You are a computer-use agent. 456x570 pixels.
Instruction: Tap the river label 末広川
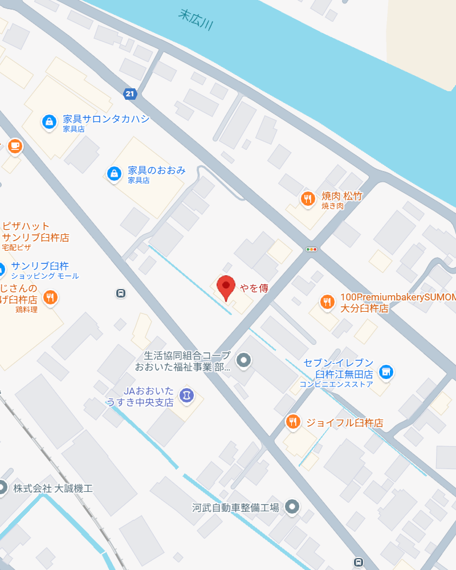[x=196, y=21]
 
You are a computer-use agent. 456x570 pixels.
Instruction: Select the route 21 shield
[x=131, y=93]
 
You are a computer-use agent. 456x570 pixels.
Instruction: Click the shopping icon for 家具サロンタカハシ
[x=49, y=121]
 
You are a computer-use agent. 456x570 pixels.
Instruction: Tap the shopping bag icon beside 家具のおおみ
[x=114, y=173]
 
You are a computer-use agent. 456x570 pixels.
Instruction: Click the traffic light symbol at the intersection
[x=311, y=249]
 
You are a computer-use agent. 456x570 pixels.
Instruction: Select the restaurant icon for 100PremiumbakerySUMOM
[x=327, y=302]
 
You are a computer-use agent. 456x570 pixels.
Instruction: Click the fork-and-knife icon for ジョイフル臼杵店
[x=292, y=422]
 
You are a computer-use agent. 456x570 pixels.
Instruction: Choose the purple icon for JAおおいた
[x=186, y=394]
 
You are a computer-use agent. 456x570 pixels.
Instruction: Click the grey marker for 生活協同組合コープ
[x=244, y=360]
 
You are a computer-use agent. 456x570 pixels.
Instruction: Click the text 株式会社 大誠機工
[x=52, y=488]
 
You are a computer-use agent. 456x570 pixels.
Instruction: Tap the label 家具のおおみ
[x=156, y=170]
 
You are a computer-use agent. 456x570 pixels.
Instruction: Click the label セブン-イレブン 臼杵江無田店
[x=337, y=369]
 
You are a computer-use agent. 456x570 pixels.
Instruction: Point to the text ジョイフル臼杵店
[x=344, y=423]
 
